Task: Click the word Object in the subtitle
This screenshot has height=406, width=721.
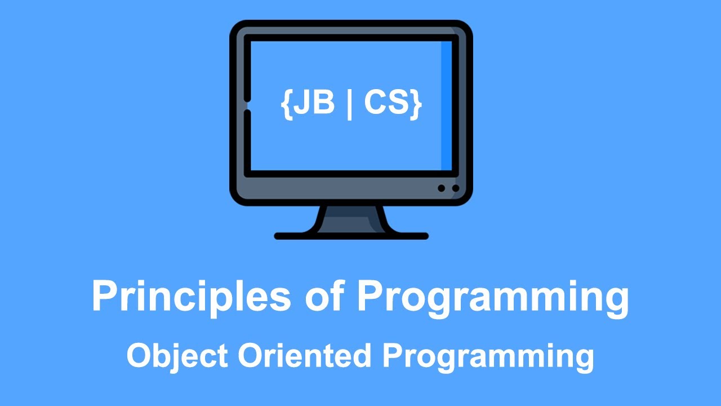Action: [177, 356]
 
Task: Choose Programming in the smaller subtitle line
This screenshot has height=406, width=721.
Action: [488, 356]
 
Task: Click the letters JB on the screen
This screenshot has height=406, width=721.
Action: [314, 104]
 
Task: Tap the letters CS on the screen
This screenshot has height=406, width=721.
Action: [385, 104]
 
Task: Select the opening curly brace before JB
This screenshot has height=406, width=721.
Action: [286, 105]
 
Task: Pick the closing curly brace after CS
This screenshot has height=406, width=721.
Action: [416, 105]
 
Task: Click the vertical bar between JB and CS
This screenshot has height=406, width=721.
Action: [350, 105]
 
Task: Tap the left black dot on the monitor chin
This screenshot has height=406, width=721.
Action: [442, 188]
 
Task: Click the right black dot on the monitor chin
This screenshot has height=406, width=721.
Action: [455, 188]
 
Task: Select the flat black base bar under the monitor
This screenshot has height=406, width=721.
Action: [351, 236]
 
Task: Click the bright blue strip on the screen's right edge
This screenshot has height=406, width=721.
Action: [446, 105]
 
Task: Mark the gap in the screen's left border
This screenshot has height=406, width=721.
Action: [247, 105]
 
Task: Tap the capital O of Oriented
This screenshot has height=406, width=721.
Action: [249, 356]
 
